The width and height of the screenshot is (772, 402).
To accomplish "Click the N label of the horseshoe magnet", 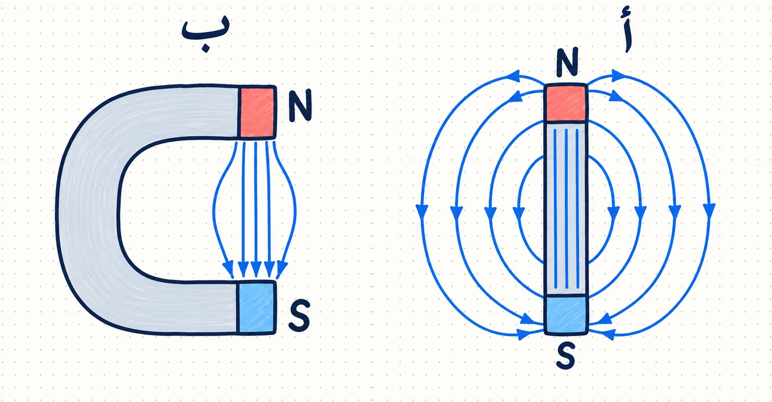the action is tap(301, 106).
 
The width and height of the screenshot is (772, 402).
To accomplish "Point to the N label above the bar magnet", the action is tap(567, 62).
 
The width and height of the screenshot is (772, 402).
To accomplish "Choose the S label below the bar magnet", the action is tap(566, 356).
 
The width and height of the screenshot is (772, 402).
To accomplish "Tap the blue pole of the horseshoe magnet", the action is tap(256, 308).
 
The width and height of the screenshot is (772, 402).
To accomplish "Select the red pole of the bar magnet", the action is tap(566, 103).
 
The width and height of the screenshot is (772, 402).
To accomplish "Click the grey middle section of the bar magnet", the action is tap(566, 209).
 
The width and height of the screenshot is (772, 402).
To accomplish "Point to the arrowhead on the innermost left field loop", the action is tap(519, 214).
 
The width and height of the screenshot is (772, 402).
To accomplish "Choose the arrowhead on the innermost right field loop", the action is tap(613, 214).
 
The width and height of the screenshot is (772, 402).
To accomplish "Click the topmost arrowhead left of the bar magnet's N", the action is tap(514, 76).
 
